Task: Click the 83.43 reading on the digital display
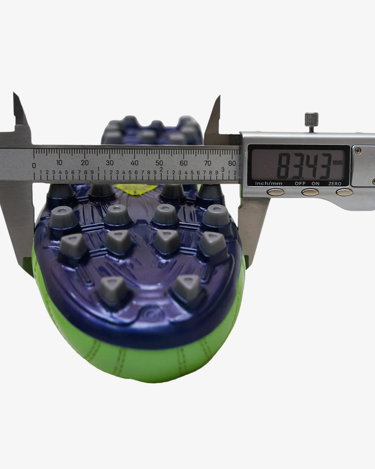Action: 304,166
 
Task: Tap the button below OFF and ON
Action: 310,192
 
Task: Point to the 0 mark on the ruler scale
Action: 34,165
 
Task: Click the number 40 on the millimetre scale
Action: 135,163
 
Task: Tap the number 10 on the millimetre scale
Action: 59,163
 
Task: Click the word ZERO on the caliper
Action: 335,184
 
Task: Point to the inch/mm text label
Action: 269,183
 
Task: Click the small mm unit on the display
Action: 338,162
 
